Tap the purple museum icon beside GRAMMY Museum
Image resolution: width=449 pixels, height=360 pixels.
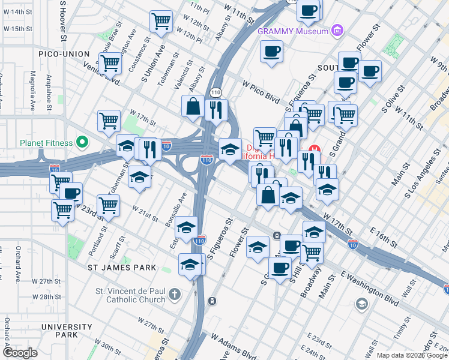[x=338, y=31]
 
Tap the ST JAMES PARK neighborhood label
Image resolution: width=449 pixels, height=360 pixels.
[x=122, y=267]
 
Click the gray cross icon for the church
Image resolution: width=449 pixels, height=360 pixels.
[x=174, y=294]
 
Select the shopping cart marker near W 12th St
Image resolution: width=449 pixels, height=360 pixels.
[x=161, y=21]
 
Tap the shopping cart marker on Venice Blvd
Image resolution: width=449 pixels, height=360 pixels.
[x=110, y=62]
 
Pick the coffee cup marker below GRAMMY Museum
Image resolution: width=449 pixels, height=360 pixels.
[x=271, y=50]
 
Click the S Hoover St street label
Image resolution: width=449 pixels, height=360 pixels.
[x=62, y=21]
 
